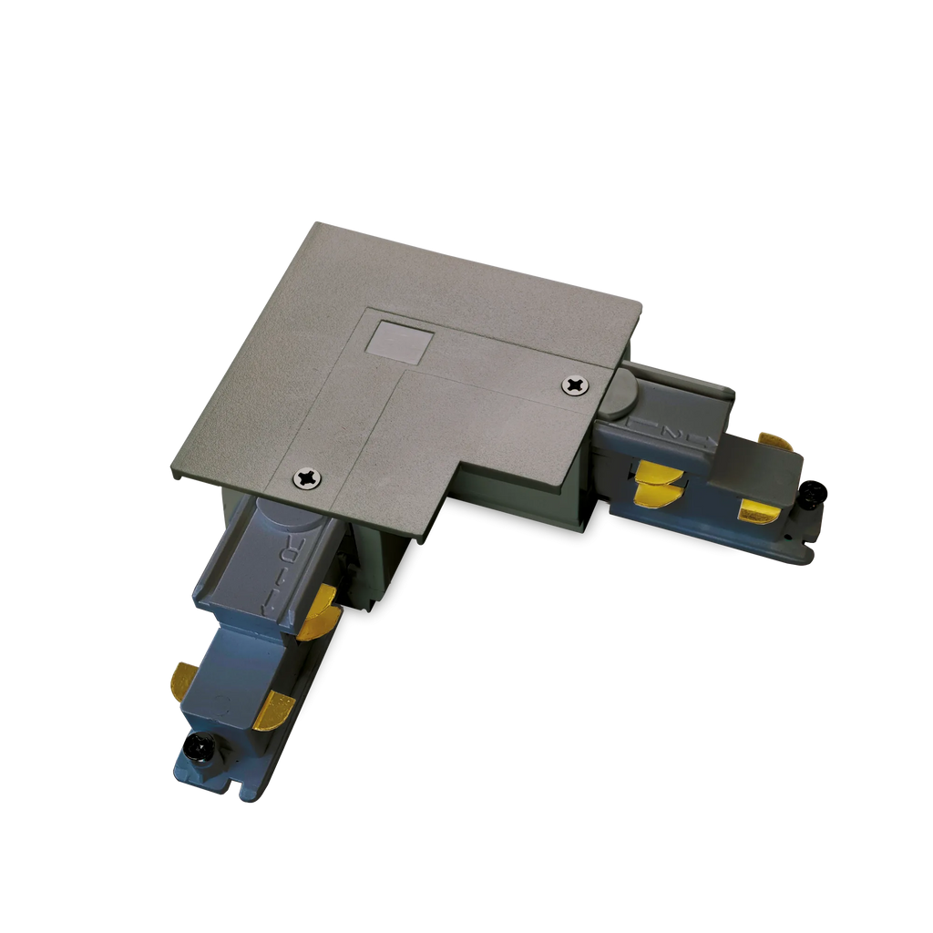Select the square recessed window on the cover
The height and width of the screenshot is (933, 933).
pos(398,338)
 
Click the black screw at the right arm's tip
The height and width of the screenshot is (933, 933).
pos(814,495)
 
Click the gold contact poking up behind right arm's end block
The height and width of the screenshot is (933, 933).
pos(776,441)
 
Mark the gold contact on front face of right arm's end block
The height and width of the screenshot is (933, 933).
pos(758,511)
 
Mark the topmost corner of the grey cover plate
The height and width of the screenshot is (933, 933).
pos(313,220)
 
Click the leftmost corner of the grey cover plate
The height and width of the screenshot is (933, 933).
pos(170,471)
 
